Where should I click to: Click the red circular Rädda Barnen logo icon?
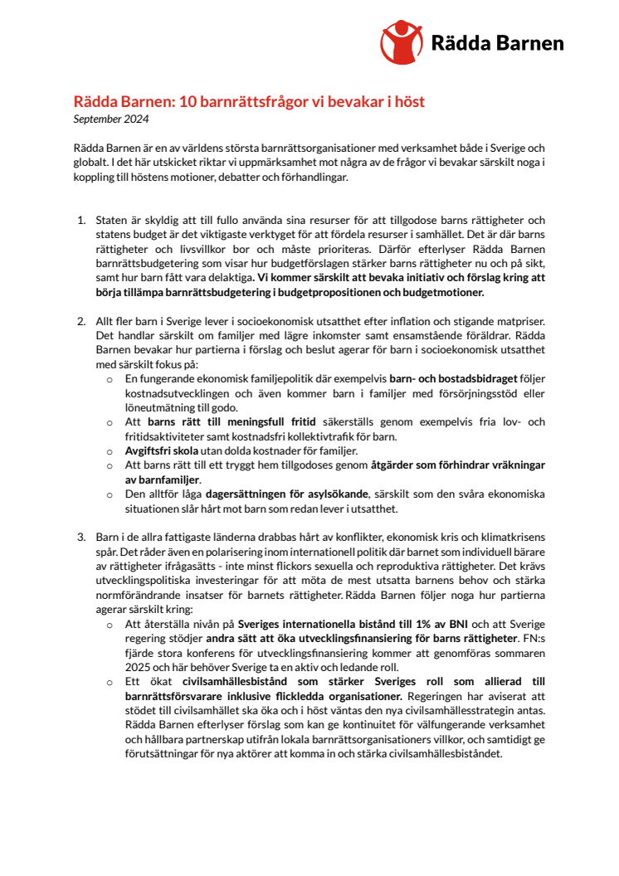tap(402, 41)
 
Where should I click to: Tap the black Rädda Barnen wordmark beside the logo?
tap(497, 43)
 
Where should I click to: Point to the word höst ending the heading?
tap(407, 102)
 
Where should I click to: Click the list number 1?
tap(80, 220)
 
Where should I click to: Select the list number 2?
tap(80, 320)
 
